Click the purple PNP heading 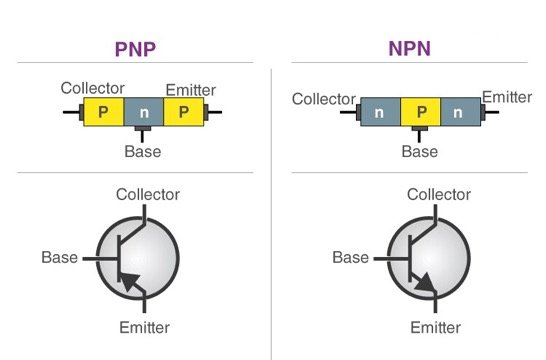coord(136,49)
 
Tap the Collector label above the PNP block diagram coord(93,88)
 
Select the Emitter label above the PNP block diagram coord(190,90)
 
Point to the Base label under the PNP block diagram coord(142,151)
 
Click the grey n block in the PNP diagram coord(144,112)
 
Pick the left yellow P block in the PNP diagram coord(103,112)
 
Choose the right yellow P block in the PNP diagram coord(183,112)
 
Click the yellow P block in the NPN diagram coord(420,113)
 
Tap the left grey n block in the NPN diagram coord(380,113)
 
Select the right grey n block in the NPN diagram coord(460,113)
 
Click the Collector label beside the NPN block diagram coord(324,99)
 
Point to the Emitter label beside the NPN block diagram coord(507,97)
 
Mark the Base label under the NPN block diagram coord(419,152)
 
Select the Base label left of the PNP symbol coord(59,257)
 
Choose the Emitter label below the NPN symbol coord(434,327)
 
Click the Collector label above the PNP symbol coord(148,194)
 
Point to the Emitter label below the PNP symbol coord(144,327)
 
